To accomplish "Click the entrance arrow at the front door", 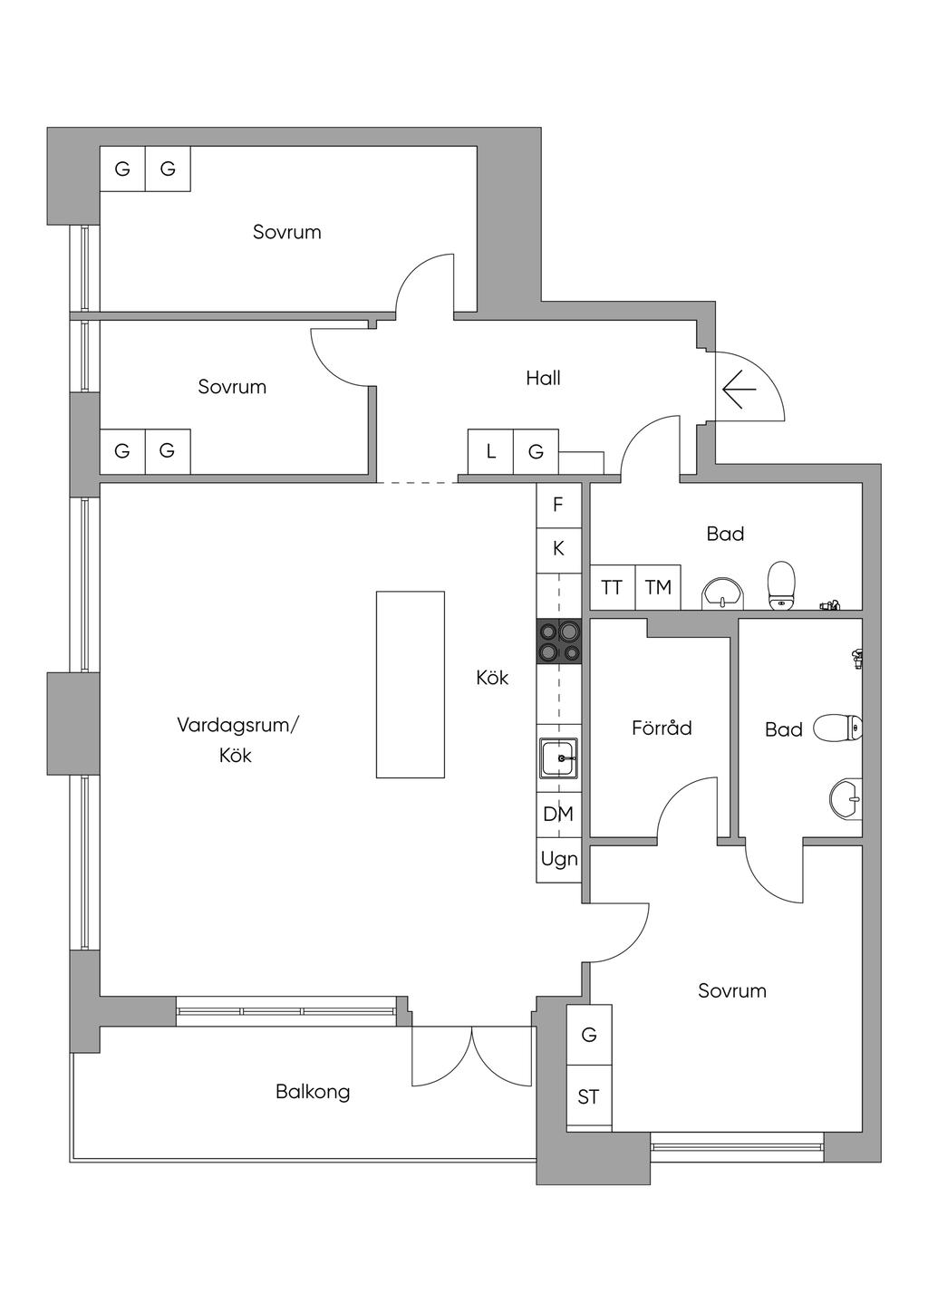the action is pos(739,389).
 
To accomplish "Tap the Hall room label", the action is pos(543,379).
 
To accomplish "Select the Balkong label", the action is pos(313,1092).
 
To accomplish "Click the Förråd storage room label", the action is pos(662,728).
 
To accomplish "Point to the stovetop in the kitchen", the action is pos(559,642).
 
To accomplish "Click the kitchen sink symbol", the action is pos(559,757).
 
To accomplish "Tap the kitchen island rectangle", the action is pos(411,685).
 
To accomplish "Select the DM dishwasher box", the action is pos(559,815).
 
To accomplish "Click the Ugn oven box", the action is pos(559,860).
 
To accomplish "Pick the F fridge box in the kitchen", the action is pos(559,505).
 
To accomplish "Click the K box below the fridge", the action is pos(559,550).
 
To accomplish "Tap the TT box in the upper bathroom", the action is pos(613,587).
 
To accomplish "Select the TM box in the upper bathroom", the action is pos(658,587).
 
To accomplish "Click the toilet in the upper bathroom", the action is pos(781,585).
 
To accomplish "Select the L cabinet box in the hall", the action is pos(491,451).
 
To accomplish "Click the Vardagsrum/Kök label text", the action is pos(237,739).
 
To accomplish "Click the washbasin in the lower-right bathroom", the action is pos(846,797).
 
